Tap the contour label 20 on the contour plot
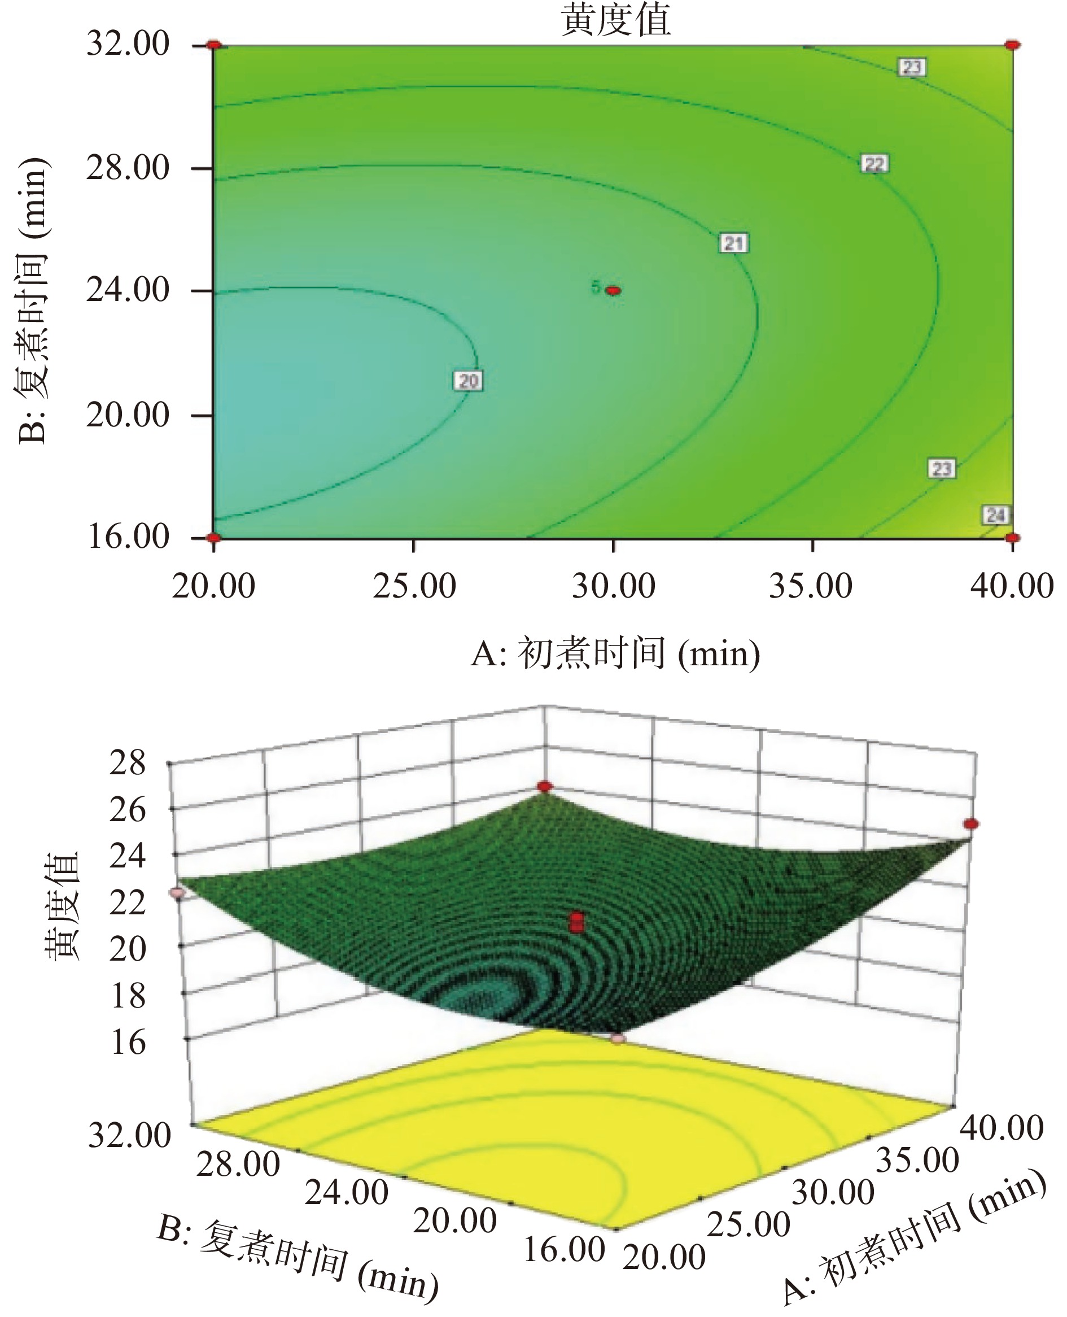[469, 381]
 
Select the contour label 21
[734, 243]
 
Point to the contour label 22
[874, 164]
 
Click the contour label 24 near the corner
[996, 515]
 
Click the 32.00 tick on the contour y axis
[128, 44]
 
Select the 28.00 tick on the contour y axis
[128, 168]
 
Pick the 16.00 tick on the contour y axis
[128, 537]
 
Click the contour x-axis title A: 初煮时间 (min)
[615, 653]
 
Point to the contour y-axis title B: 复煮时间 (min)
[32, 301]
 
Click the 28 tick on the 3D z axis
[128, 764]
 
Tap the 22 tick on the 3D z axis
[128, 903]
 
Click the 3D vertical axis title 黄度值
[62, 906]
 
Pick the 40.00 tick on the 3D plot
[1002, 1128]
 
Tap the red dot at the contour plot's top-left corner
[213, 45]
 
